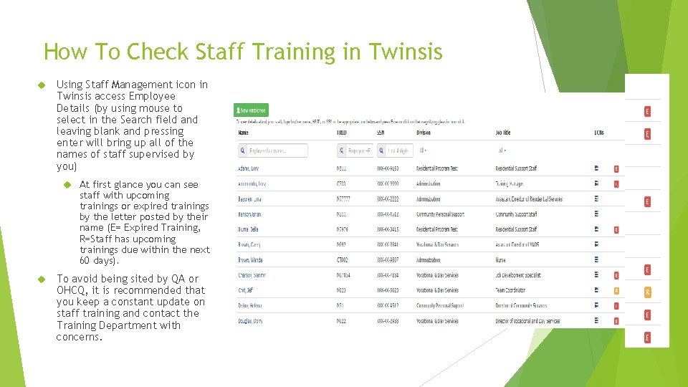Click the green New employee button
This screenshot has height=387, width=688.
252,110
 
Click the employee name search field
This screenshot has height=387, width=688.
273,150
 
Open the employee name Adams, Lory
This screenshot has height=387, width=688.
248,169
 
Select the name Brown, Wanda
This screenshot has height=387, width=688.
250,260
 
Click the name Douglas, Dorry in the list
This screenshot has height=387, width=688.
250,321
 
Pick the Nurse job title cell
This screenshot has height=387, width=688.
500,260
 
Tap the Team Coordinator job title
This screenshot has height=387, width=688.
510,290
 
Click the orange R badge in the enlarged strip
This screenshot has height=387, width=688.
648,292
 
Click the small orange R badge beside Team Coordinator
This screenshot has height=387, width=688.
616,291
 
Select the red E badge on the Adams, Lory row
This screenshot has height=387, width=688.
616,169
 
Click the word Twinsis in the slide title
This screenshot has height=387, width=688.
406,52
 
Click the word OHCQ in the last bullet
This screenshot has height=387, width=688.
71,290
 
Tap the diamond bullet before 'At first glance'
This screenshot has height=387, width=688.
65,184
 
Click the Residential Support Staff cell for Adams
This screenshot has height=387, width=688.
516,169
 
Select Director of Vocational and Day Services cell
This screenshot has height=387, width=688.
527,321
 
